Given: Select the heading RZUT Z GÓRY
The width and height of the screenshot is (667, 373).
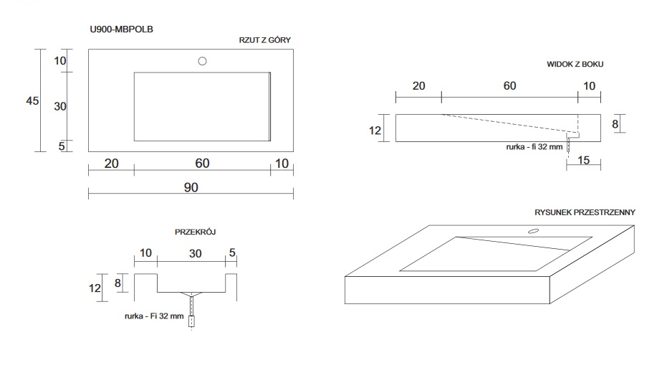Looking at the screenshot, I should coord(264,40).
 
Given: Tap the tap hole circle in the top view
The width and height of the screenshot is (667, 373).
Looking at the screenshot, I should coord(203,61).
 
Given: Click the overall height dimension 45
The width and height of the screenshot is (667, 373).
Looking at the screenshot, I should coord(32,100).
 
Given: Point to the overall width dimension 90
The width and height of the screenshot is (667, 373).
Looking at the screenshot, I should coord(191,186).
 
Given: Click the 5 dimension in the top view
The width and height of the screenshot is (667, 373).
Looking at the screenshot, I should coord(62,146).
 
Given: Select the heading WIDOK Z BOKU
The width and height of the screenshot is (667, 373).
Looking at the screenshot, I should coord(575,64).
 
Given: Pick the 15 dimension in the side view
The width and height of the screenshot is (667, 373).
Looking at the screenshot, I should coord(583,160).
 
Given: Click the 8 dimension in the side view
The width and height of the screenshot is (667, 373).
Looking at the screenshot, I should coord(615,124).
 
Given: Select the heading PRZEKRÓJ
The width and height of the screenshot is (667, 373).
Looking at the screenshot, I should coord(196,232).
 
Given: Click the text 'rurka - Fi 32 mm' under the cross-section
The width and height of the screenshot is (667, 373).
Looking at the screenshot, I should coord(153,316).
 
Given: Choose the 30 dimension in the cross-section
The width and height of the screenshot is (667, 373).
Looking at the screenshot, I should coord(195,253).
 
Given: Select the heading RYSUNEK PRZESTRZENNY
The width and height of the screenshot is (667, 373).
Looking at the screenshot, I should coord(585,213).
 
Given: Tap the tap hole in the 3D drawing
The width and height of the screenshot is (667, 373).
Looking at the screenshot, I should coord(533,232).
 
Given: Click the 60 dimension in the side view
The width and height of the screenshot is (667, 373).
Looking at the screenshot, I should coord(509,86).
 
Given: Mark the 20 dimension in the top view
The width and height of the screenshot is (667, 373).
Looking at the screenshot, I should coord(111,164).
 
